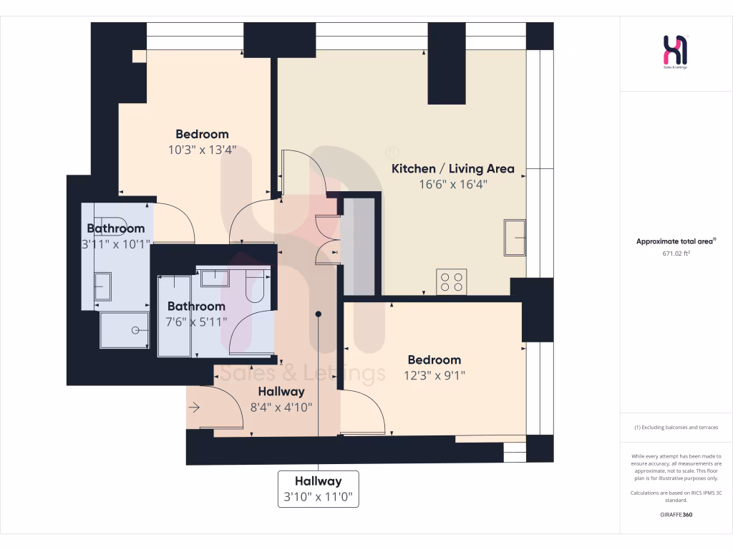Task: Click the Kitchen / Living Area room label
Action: [452, 169]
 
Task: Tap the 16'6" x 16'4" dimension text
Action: [452, 184]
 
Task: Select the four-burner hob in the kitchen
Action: [452, 281]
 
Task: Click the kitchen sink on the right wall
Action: [515, 237]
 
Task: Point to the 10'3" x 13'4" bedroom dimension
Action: [202, 150]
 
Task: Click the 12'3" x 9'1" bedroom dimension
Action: [434, 375]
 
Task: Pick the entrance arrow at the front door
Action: [195, 407]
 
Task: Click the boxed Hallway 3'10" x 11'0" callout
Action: [319, 488]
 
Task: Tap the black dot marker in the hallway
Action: [319, 314]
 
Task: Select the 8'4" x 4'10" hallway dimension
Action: [281, 407]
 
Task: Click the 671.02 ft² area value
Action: [676, 253]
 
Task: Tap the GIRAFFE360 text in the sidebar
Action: [676, 514]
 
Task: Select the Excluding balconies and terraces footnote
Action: [676, 428]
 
